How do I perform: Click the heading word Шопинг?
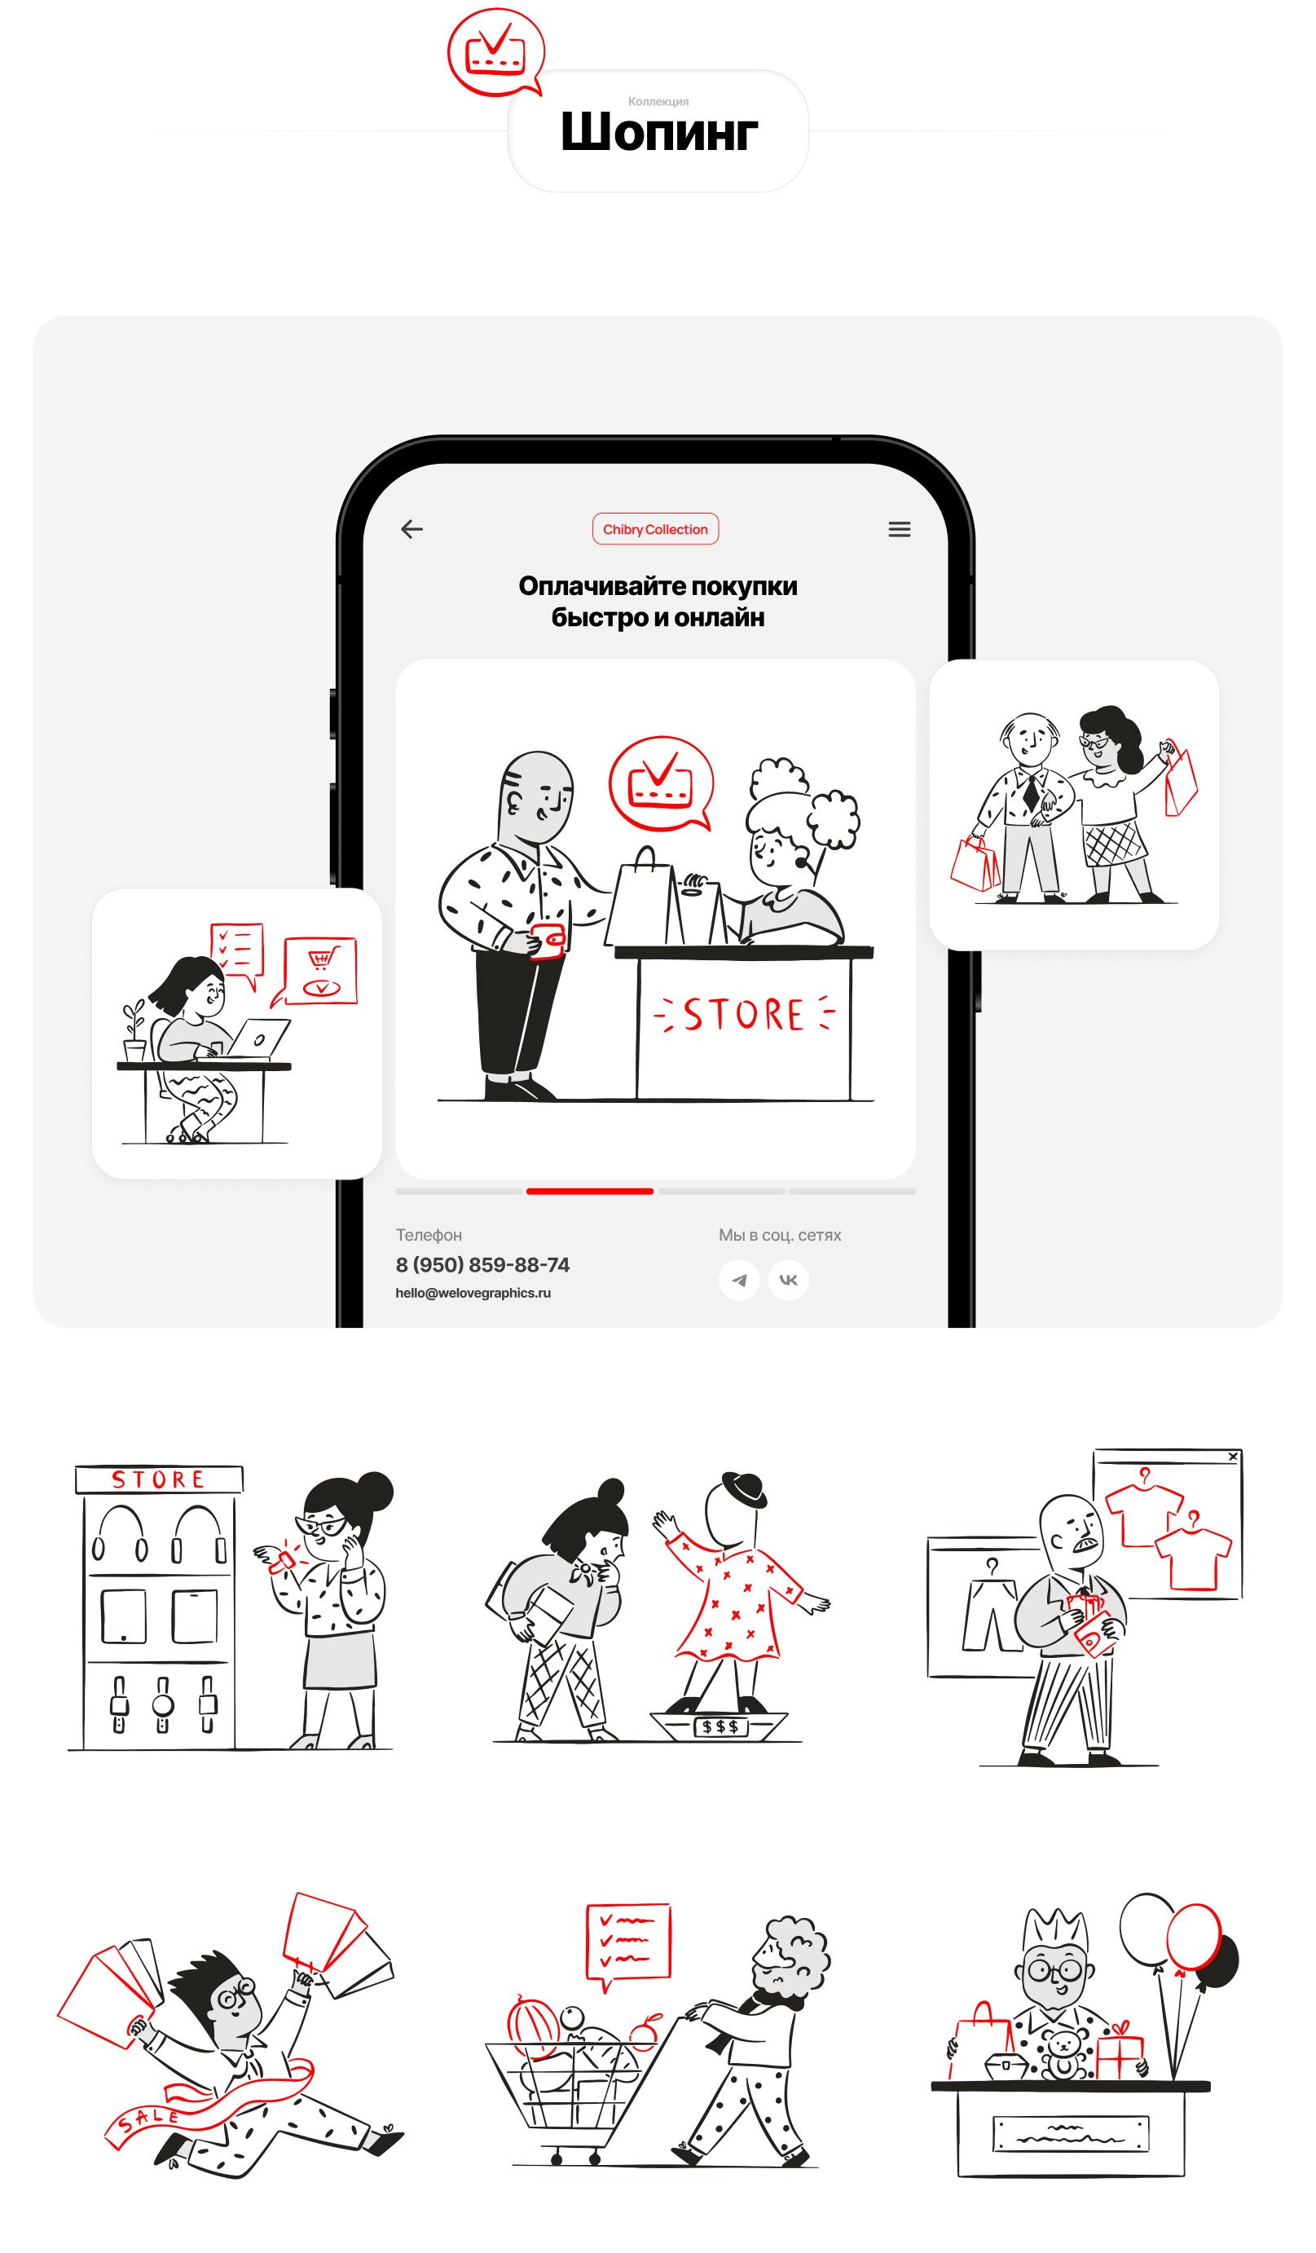(659, 131)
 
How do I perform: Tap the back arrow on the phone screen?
(412, 529)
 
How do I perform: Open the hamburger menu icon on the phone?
(900, 529)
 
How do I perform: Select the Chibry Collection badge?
(655, 529)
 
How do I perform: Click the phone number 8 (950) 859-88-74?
(482, 1265)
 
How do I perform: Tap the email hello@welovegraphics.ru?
(473, 1293)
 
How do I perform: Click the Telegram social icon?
(739, 1281)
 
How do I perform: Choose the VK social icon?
(789, 1281)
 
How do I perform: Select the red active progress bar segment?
(590, 1191)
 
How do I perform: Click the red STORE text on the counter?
(744, 1015)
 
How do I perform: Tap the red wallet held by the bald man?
(547, 941)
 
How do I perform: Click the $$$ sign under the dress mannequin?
(720, 1726)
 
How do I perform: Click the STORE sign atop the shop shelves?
(159, 1479)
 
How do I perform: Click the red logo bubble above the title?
(496, 52)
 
